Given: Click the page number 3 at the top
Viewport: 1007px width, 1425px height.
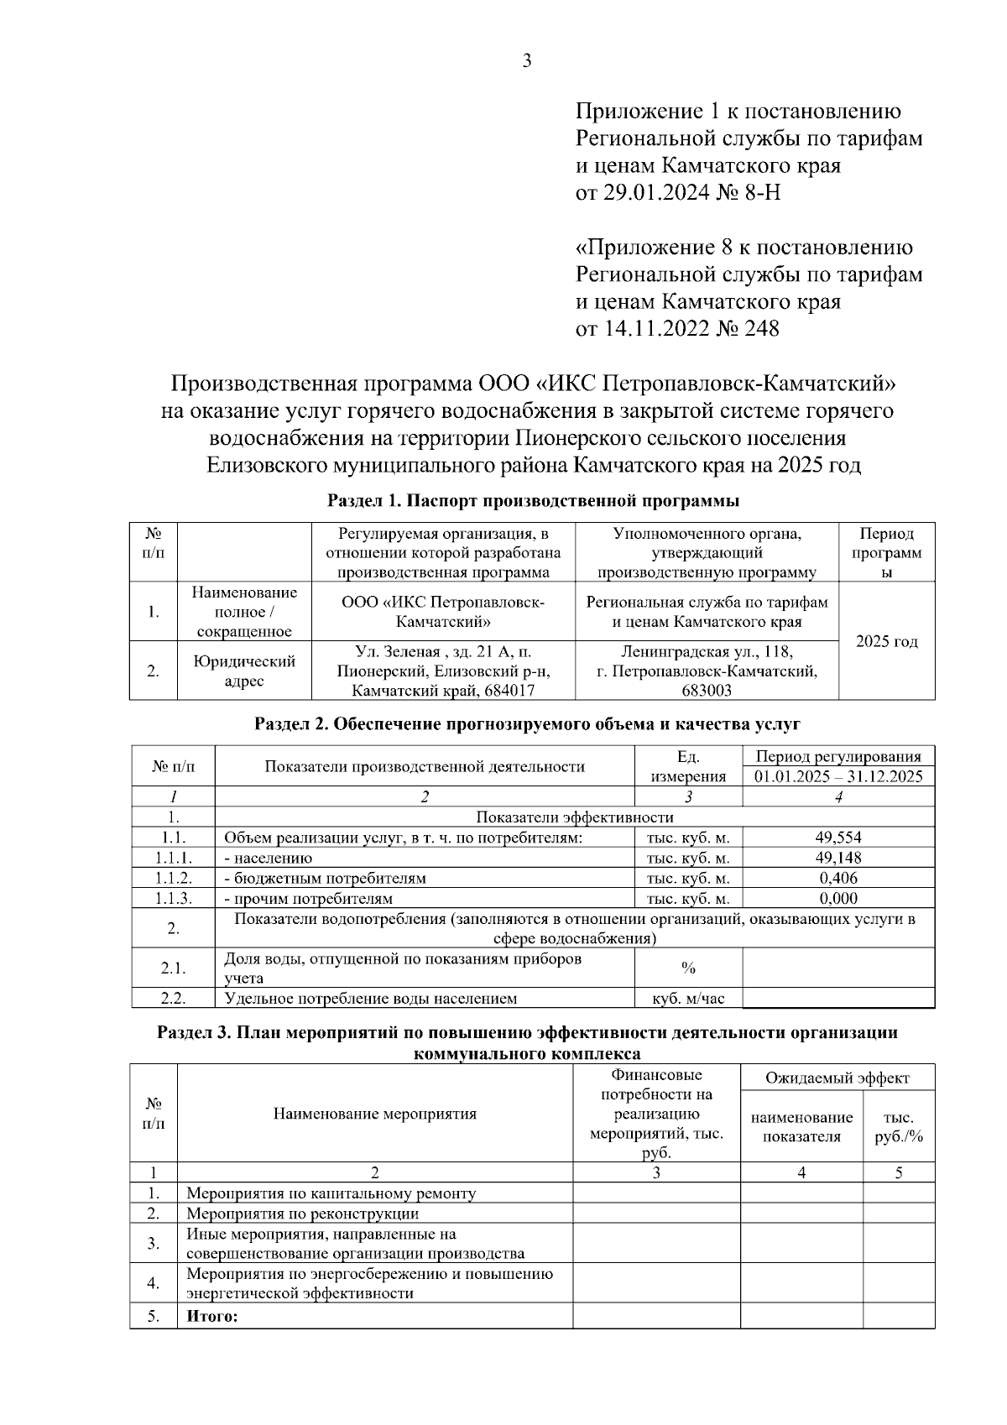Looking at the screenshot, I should pos(527,60).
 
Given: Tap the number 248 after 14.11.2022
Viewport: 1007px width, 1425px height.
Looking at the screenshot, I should pos(761,328).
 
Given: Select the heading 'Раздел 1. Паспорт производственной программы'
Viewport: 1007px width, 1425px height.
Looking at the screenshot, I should pos(533,502).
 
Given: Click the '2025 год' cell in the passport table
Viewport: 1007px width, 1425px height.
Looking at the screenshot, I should pos(886,642).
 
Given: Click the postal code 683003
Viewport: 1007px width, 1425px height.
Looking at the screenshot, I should pos(707,691).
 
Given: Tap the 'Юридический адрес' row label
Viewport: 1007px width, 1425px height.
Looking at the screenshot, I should pos(244,671).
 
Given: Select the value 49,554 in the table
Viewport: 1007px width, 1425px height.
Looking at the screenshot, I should pos(838,838).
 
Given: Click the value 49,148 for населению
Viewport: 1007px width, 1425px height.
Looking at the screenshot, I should pos(838,858).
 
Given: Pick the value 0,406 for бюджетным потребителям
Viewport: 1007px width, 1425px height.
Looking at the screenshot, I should pos(838,878).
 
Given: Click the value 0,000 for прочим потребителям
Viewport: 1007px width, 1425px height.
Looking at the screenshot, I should pos(838,898).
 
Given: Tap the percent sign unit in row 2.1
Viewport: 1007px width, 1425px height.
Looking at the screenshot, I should pos(688,968).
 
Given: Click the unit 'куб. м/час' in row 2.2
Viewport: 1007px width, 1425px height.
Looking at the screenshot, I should pos(688,999).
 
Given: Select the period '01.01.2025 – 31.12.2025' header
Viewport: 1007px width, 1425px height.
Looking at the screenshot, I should pos(838,776).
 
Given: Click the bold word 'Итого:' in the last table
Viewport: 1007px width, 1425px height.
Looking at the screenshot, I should pos(212,1317).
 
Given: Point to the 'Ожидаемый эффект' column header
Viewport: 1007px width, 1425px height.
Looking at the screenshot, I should pos(837,1078).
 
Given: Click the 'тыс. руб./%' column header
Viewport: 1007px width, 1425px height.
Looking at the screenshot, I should pos(899,1128).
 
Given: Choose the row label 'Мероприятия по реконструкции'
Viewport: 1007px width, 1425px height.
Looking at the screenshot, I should pos(302,1214).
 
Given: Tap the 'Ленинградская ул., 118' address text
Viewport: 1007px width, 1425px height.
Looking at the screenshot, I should pos(707,651).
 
